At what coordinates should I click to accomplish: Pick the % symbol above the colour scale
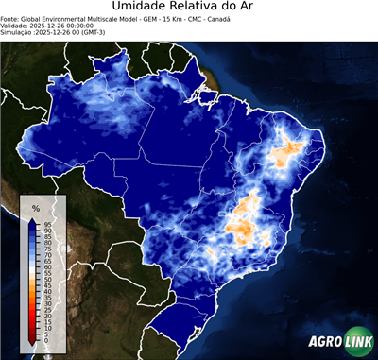(35, 207)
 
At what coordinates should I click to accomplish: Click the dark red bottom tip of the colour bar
(32, 342)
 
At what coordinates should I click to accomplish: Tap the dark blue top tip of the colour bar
(32, 219)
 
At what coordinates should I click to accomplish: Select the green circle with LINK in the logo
(359, 342)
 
